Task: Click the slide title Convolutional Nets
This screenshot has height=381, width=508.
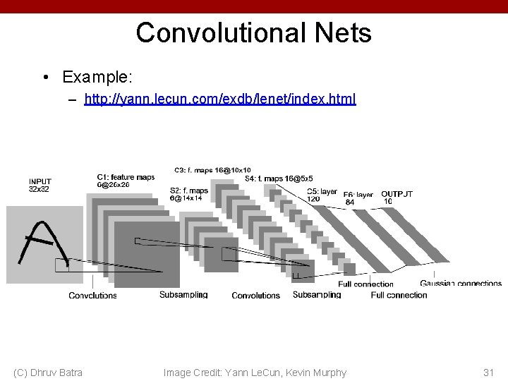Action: coord(253,32)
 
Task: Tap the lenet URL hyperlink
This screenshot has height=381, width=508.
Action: coord(220,99)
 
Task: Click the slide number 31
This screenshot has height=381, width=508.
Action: coord(488,373)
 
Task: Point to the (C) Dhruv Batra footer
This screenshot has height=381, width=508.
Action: coord(48,373)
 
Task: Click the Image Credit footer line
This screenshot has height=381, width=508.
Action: coord(255,373)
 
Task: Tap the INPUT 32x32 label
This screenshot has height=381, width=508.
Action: coord(40,186)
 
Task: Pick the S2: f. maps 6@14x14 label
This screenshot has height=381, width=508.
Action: coord(188,194)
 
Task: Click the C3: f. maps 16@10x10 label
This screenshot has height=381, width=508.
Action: coord(212,170)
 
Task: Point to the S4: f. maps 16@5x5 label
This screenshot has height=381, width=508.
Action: coord(279,179)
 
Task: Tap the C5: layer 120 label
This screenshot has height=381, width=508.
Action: coord(321,195)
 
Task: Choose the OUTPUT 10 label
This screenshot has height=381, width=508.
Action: coord(396,197)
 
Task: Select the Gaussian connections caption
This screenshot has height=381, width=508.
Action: coord(460,284)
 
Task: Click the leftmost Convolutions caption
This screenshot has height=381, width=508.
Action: coord(92,296)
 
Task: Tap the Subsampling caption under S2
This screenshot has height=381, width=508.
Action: coord(183,295)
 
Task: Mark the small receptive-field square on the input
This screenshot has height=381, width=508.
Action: coord(62,265)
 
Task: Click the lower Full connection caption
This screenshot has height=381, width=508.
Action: coord(399,295)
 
